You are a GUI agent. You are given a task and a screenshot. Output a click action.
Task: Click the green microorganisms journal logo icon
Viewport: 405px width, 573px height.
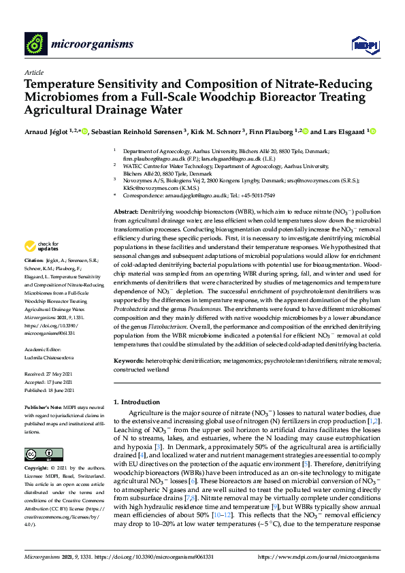tap(35, 44)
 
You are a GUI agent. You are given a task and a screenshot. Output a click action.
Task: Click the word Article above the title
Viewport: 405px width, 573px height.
tap(33, 72)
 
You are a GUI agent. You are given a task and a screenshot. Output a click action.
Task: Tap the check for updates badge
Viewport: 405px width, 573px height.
tap(44, 246)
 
